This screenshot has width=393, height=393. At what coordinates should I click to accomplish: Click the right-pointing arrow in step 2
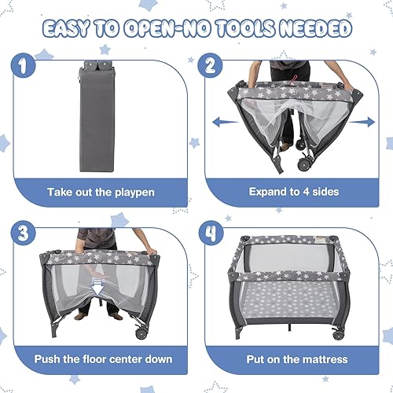point(363,123)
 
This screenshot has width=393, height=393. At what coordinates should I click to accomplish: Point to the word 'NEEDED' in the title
point(313,29)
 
